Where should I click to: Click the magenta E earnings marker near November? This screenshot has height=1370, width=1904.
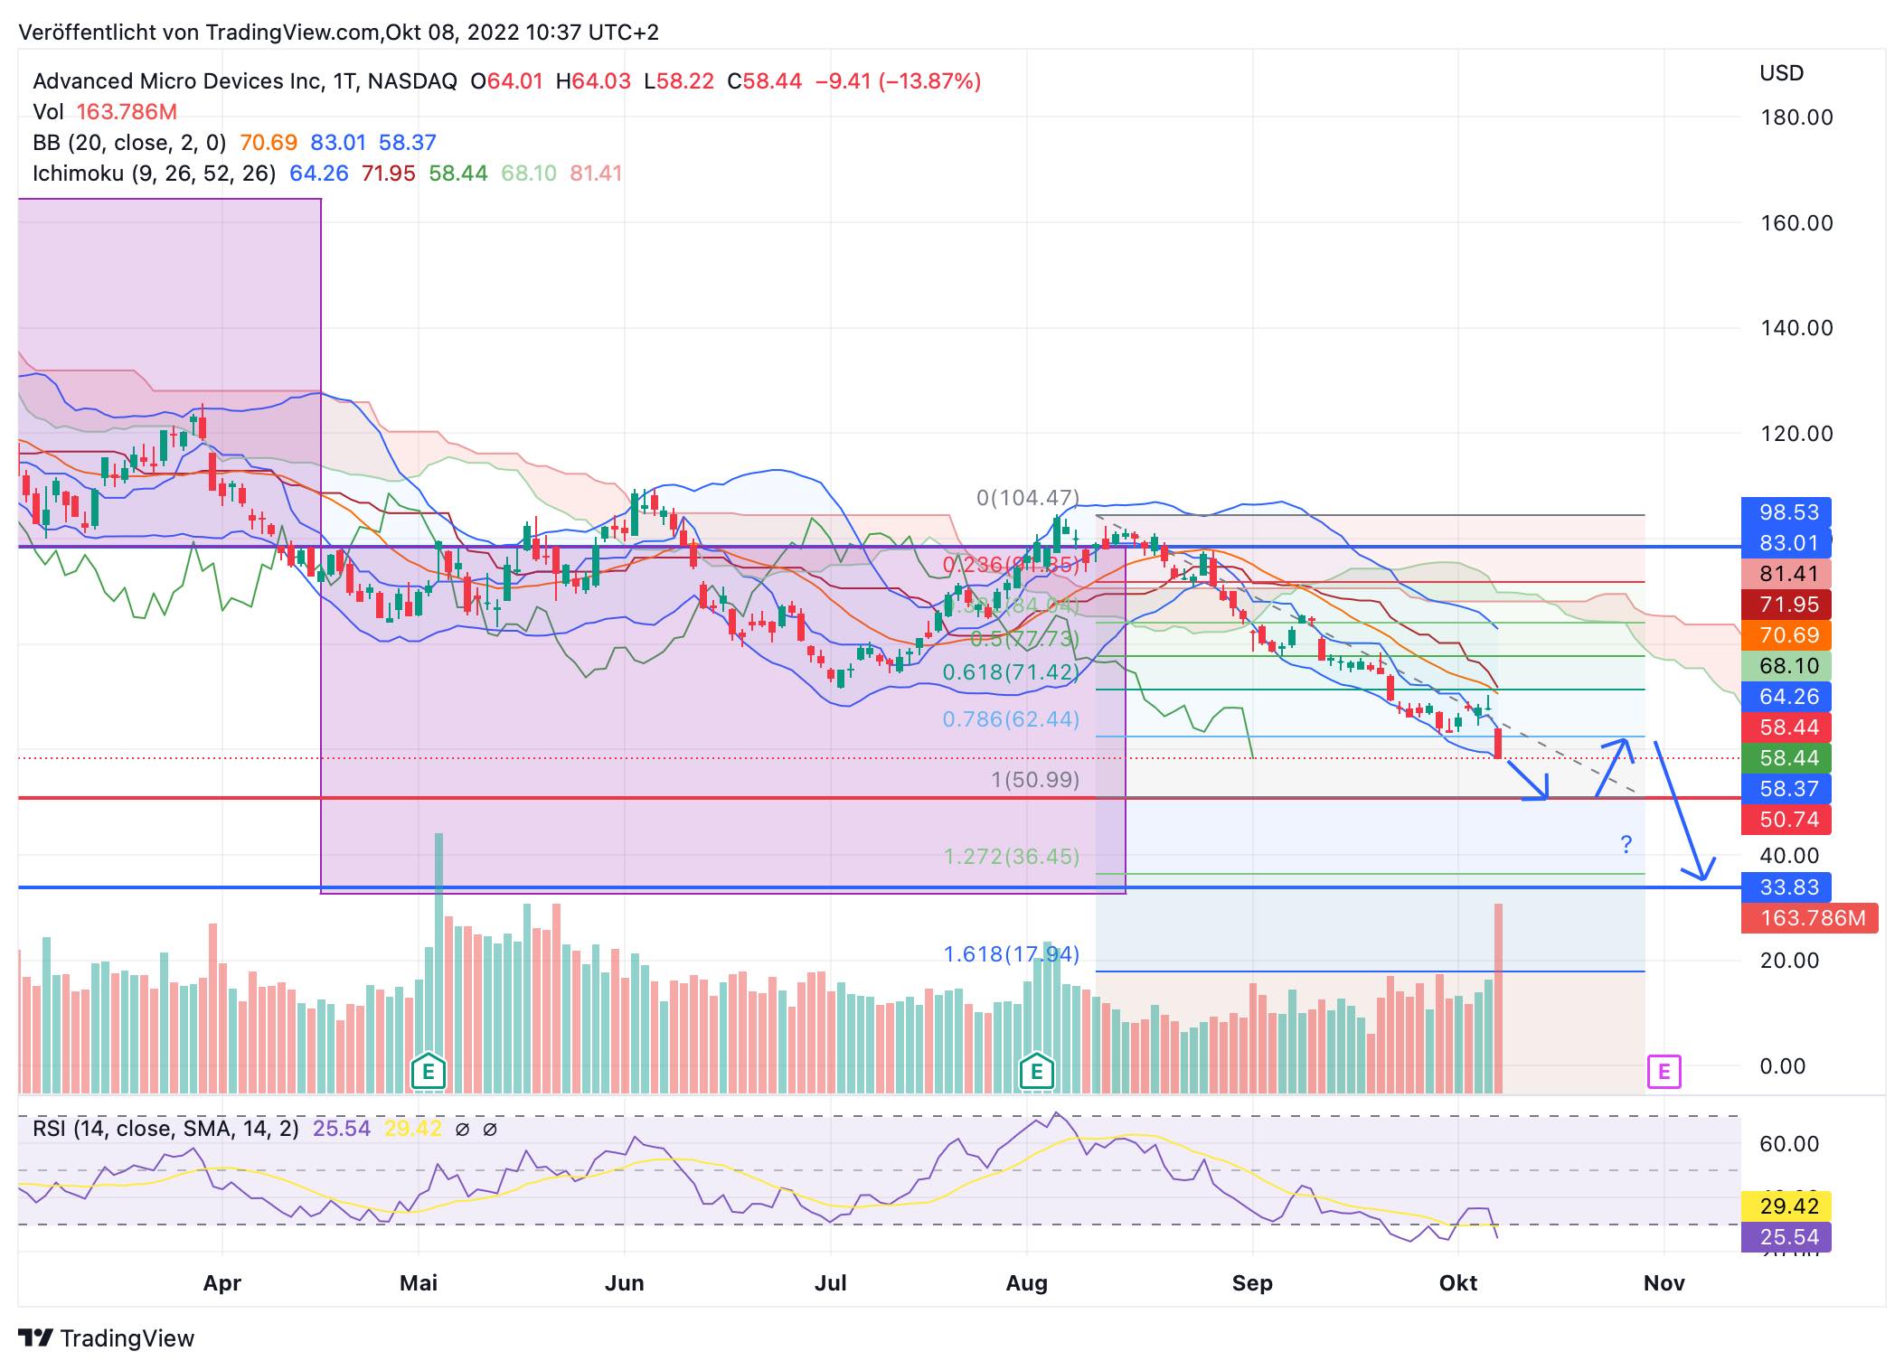click(1664, 1072)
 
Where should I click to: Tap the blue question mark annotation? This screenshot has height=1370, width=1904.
click(1626, 845)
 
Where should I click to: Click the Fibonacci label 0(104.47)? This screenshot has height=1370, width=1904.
click(1028, 498)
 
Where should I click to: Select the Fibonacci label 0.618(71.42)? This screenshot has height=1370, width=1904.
click(1011, 672)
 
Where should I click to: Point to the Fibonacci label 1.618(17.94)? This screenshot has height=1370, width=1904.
click(1011, 954)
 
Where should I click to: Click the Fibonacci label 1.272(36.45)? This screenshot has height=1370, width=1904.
click(1011, 857)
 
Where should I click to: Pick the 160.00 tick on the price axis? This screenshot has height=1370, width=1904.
click(1796, 223)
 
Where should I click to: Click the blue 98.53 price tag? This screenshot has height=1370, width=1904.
click(1787, 512)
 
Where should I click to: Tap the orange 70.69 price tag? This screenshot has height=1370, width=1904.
click(1787, 635)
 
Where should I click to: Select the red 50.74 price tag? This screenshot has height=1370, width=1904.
click(1787, 820)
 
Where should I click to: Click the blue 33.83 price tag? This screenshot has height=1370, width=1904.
click(1787, 887)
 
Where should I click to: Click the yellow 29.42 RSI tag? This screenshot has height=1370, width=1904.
click(1787, 1206)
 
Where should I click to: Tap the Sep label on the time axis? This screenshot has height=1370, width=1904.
click(1252, 1283)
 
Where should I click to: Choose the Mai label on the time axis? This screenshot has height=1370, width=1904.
click(419, 1283)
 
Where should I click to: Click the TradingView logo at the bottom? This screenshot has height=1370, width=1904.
click(107, 1338)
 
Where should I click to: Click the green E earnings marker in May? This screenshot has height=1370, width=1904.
click(429, 1073)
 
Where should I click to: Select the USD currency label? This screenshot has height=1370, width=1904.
click(1781, 73)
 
